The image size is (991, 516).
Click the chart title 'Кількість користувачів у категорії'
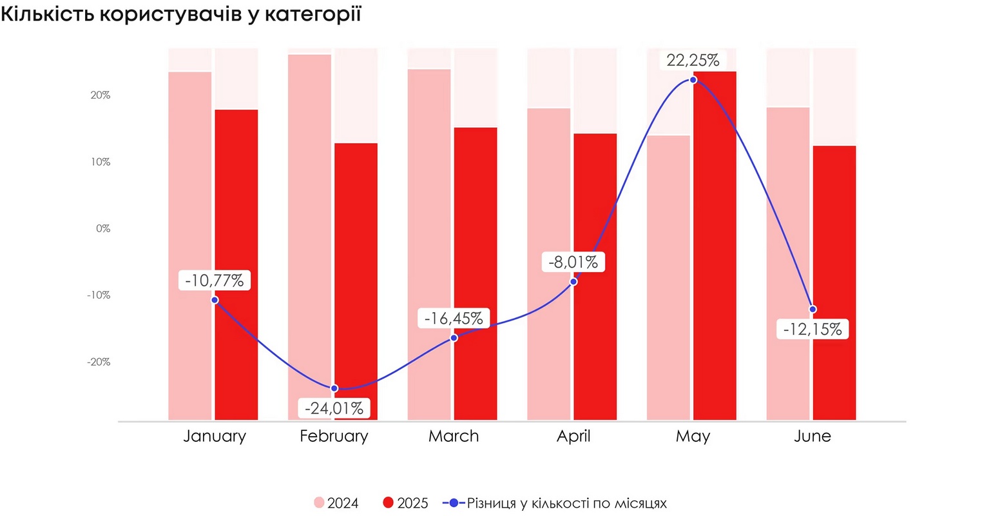[181, 14]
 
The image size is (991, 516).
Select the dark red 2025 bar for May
[715, 245]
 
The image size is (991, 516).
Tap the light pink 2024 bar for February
[309, 232]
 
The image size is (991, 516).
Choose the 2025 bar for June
[834, 284]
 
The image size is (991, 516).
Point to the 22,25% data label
[693, 61]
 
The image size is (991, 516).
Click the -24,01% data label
[334, 408]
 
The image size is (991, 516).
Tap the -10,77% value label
[215, 281]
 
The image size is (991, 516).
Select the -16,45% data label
[454, 318]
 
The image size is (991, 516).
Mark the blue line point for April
[573, 282]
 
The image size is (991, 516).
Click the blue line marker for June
[813, 309]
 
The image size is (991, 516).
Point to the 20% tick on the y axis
[101, 95]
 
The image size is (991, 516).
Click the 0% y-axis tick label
[103, 228]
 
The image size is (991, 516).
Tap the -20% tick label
[99, 362]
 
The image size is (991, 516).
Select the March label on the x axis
[454, 436]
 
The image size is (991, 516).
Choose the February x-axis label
[334, 436]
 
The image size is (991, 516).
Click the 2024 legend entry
[336, 503]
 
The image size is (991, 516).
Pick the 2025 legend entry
[405, 503]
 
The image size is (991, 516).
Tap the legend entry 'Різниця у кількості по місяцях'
[555, 503]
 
